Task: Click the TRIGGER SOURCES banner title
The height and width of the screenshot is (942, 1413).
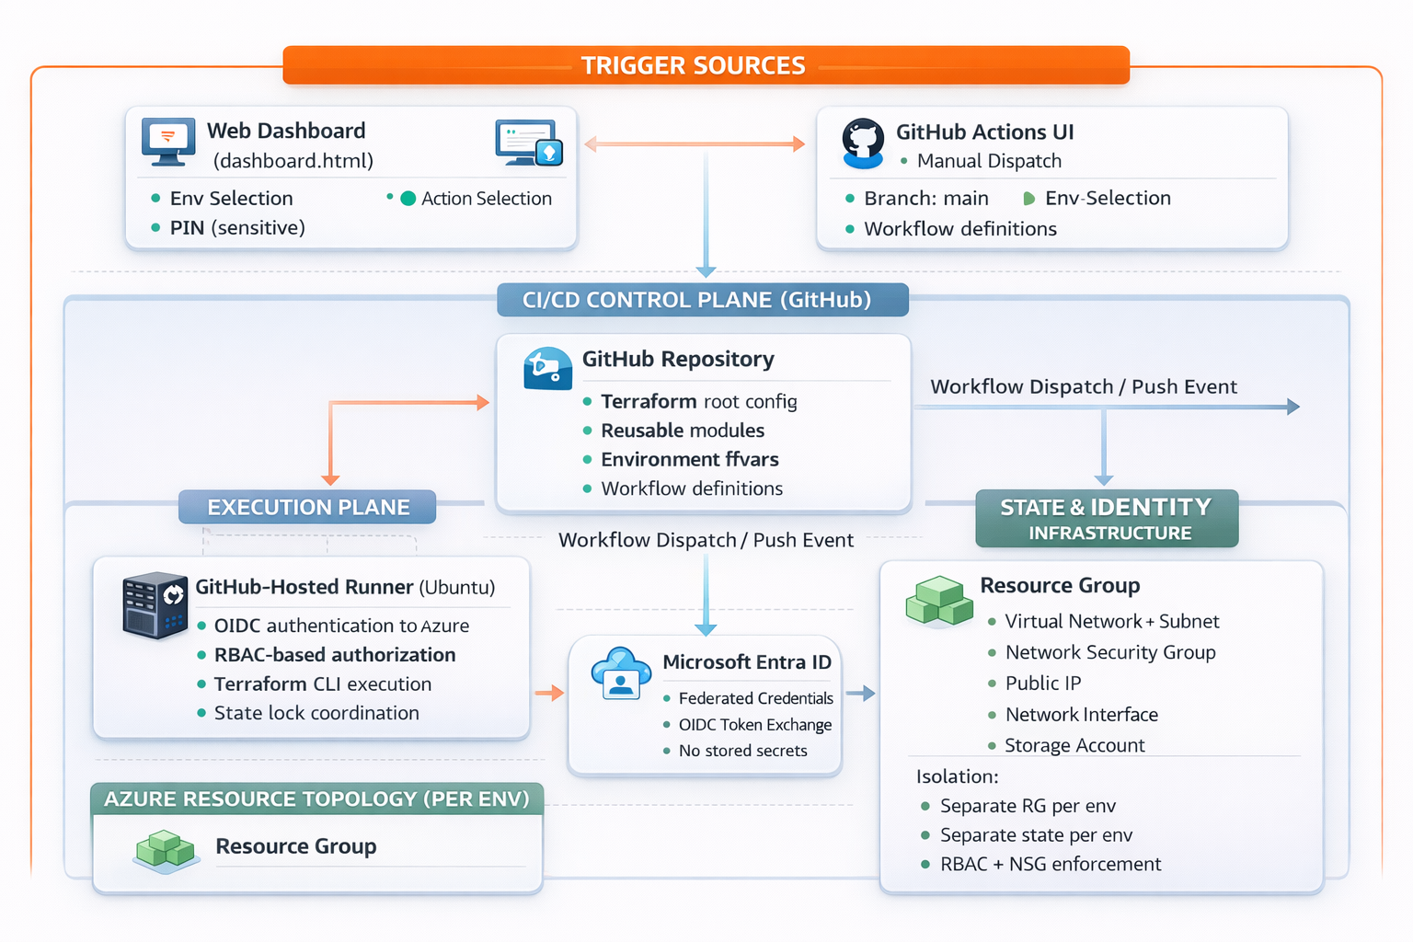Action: coord(693,66)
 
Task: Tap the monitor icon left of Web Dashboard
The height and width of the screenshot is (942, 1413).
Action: coord(168,142)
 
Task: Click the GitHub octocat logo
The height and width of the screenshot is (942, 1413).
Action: coord(863,144)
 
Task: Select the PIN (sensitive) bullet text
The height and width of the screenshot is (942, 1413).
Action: coord(236,228)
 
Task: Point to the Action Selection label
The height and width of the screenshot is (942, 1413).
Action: coord(486,199)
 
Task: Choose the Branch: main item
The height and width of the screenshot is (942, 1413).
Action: coord(925,199)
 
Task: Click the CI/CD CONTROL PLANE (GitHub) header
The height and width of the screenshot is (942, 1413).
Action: coord(697,301)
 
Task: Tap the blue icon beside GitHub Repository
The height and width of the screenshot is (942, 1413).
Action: coord(547,368)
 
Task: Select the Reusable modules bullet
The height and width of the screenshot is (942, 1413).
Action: coord(682,431)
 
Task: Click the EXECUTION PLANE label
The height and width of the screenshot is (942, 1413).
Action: coord(308,508)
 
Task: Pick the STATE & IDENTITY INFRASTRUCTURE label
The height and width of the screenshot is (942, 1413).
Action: coord(1107,519)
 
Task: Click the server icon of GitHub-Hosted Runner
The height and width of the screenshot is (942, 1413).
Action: coord(155,604)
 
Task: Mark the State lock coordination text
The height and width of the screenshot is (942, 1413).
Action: coord(316,713)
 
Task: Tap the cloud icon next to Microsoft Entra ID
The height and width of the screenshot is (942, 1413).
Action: coord(621,673)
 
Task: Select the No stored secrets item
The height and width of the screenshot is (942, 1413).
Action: coord(742,751)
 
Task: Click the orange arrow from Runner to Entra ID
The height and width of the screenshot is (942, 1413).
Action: coord(549,693)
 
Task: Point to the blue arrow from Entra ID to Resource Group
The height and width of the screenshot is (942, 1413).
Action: coord(861,693)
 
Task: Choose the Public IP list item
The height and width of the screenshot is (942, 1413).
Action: coord(1042,684)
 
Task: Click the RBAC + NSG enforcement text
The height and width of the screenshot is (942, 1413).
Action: coord(1050,865)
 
